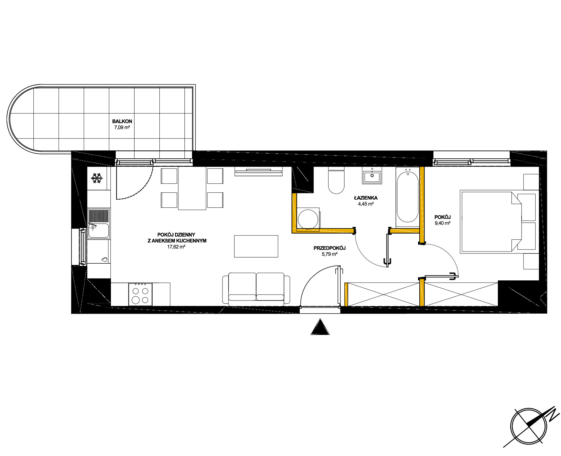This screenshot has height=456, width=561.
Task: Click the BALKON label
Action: (x=122, y=122)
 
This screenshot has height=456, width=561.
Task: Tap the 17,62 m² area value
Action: (x=176, y=247)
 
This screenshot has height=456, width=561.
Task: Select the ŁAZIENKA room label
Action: (x=366, y=198)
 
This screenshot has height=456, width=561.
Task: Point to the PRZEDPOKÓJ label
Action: (x=330, y=248)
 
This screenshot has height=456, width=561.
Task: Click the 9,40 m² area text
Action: (x=443, y=223)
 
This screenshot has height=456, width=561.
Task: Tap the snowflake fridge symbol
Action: (x=97, y=178)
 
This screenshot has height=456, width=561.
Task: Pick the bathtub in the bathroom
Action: (x=407, y=197)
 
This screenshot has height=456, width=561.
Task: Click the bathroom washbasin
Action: (x=372, y=176)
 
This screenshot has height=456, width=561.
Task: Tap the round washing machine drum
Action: (x=308, y=219)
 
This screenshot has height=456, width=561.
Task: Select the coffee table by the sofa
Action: (x=256, y=246)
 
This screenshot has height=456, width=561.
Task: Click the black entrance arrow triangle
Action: (x=320, y=327)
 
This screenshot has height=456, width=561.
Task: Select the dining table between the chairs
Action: (x=192, y=188)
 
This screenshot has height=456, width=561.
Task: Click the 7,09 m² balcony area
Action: (x=122, y=127)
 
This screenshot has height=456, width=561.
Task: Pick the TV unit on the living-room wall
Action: (x=258, y=172)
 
